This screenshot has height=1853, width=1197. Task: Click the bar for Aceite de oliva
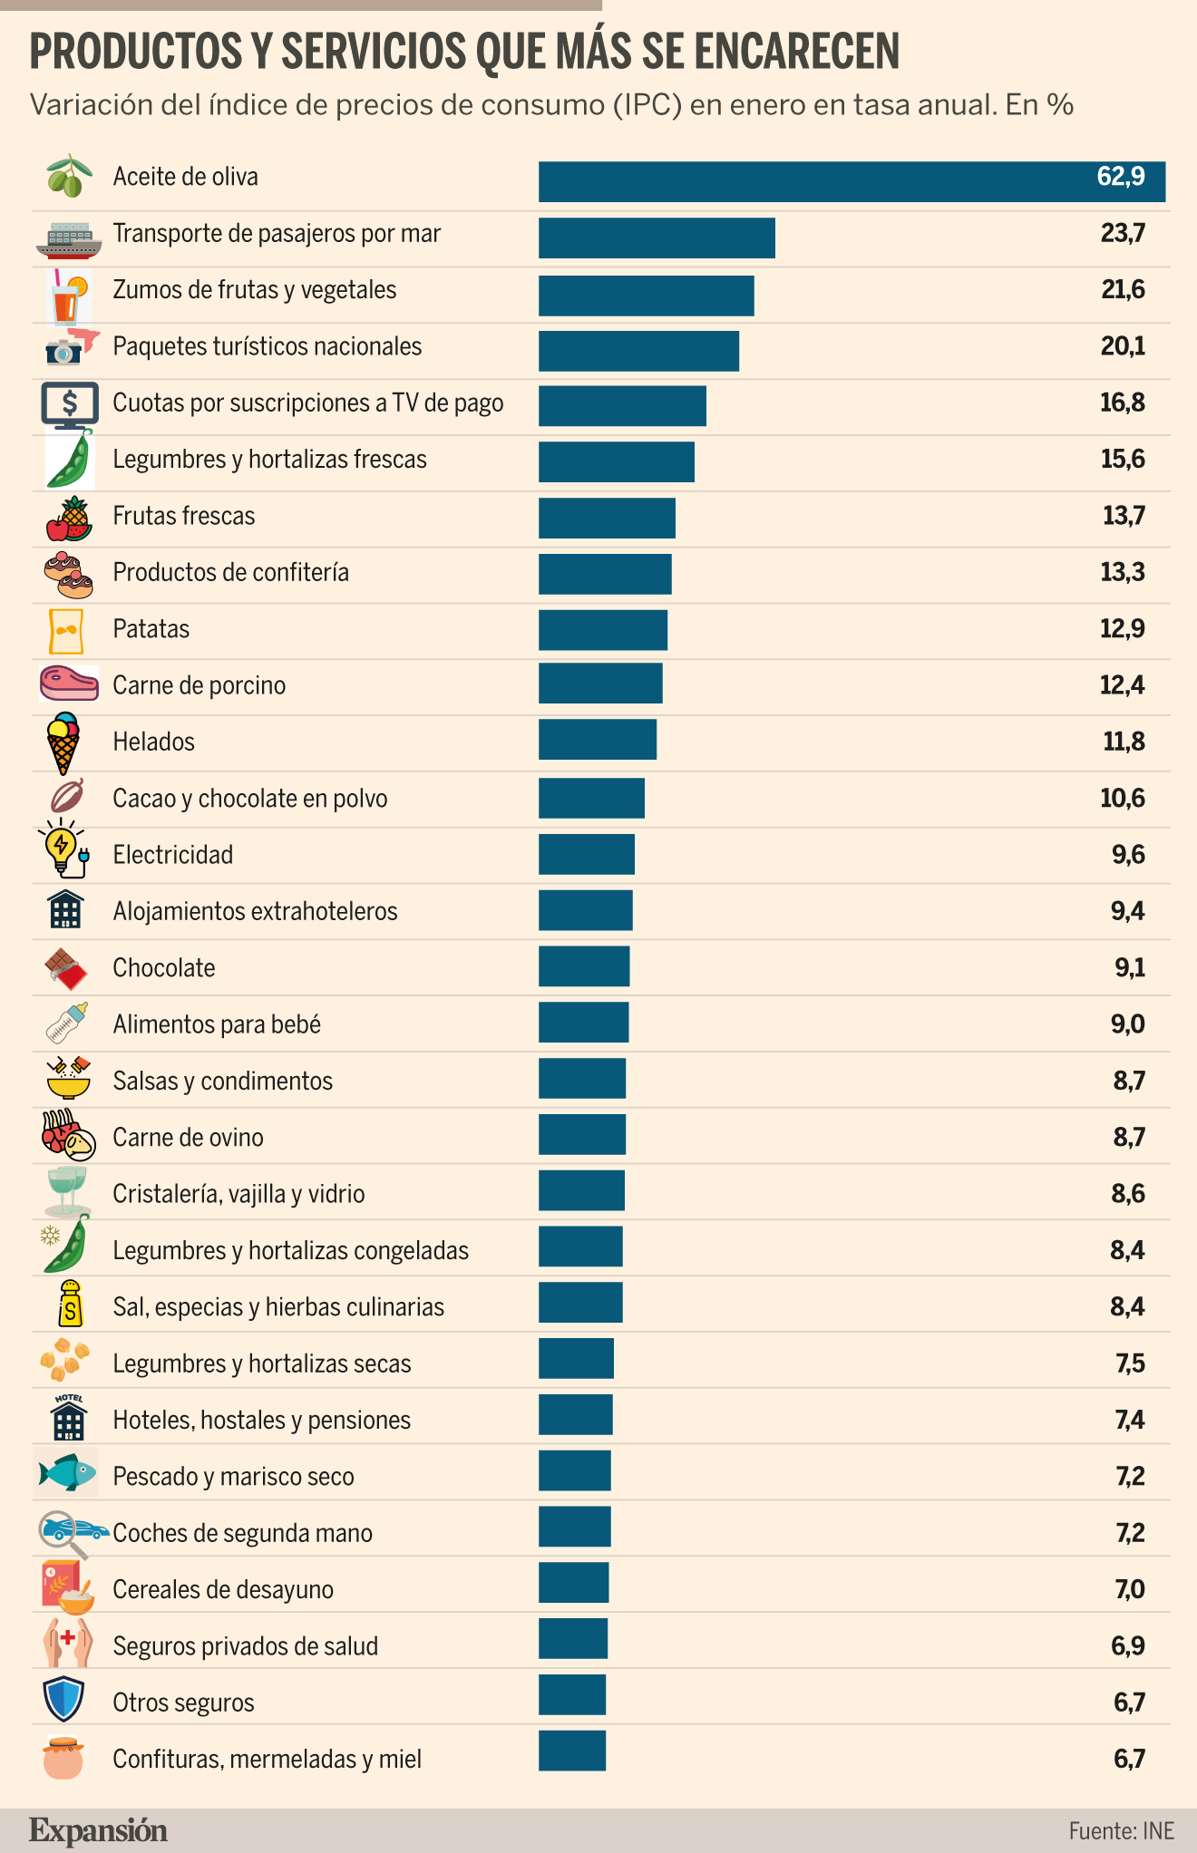(852, 181)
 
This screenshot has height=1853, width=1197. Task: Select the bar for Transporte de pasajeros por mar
(657, 238)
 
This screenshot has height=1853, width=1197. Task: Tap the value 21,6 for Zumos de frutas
(1123, 290)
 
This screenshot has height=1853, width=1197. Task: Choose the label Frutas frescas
(184, 516)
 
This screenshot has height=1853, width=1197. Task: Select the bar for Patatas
(603, 630)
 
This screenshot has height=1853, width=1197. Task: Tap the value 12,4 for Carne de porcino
(1123, 685)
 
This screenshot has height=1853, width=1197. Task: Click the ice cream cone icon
(63, 742)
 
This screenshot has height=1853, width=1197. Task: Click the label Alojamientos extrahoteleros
(255, 911)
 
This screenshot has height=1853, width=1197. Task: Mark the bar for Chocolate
(584, 966)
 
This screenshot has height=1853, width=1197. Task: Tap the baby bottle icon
(67, 1024)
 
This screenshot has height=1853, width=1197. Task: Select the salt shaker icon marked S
(70, 1304)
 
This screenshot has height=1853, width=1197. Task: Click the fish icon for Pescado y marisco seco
(67, 1472)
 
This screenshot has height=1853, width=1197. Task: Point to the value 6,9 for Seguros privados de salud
(1128, 1645)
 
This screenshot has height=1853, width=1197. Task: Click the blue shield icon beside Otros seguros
(63, 1700)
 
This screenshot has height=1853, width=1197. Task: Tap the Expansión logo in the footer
(98, 1831)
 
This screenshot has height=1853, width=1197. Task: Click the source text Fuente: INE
(1122, 1831)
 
